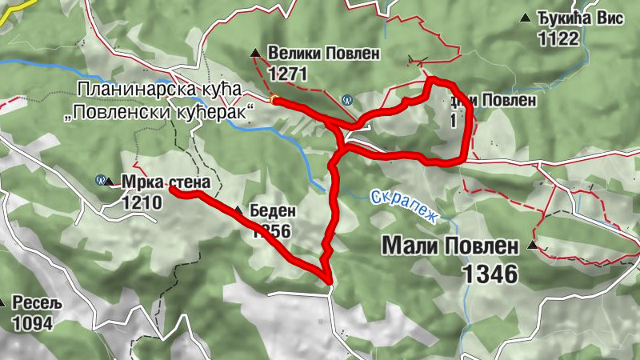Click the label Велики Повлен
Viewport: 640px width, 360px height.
(x=325, y=54)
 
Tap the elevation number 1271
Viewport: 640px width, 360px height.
(x=289, y=74)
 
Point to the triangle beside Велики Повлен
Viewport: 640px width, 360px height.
(x=255, y=54)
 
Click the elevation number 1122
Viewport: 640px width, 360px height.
(x=558, y=38)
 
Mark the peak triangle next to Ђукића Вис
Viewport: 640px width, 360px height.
(x=525, y=18)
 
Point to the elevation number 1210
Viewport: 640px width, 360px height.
(x=142, y=202)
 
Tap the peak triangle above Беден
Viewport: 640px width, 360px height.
(x=238, y=210)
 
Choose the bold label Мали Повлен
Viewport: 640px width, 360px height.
(x=450, y=245)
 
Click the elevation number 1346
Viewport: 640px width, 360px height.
(x=490, y=274)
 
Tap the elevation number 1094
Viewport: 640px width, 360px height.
(x=32, y=324)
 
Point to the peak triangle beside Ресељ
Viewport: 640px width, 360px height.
(x=3, y=303)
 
